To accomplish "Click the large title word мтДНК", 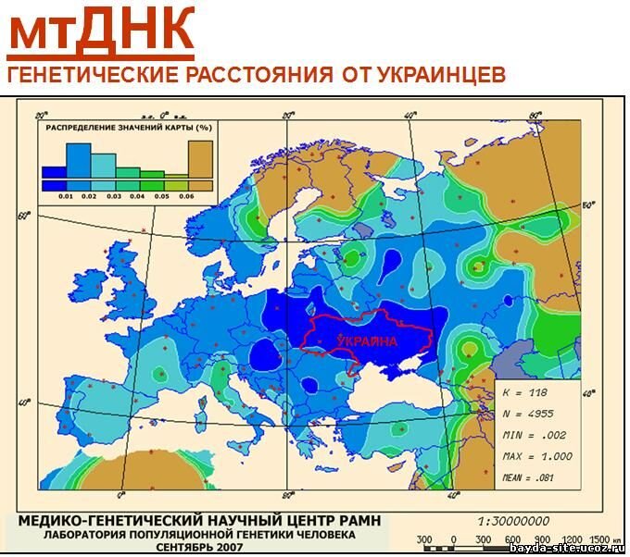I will click(101, 30).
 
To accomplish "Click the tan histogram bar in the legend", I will click(200, 157).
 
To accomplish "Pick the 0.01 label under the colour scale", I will click(66, 196).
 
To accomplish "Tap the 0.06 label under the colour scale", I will click(187, 196).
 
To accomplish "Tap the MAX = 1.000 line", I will click(535, 456).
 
